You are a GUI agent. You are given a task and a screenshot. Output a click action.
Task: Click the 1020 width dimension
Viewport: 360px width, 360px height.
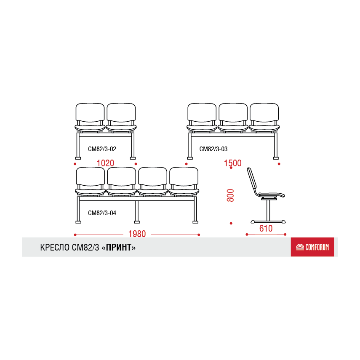pyautogui.click(x=105, y=163)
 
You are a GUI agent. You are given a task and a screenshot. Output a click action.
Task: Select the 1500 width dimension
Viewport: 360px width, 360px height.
pyautogui.click(x=232, y=163)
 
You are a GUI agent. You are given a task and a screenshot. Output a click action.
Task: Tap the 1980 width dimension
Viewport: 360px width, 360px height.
pyautogui.click(x=137, y=234)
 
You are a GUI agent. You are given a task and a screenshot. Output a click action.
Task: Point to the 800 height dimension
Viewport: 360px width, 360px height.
pyautogui.click(x=230, y=195)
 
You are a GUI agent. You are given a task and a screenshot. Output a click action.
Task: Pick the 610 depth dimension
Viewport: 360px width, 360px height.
pyautogui.click(x=266, y=229)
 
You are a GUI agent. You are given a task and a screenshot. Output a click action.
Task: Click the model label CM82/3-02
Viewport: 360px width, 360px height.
pyautogui.click(x=102, y=149)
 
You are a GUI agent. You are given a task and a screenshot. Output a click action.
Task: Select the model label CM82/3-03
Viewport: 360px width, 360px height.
pyautogui.click(x=213, y=149)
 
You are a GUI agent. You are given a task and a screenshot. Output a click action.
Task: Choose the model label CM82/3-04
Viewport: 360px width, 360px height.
pyautogui.click(x=102, y=213)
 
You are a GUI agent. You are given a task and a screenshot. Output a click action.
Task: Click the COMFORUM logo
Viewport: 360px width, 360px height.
pyautogui.click(x=312, y=247)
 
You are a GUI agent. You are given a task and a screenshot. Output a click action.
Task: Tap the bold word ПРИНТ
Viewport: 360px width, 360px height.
pyautogui.click(x=119, y=248)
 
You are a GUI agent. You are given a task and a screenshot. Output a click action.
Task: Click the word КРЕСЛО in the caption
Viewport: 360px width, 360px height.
pyautogui.click(x=55, y=248)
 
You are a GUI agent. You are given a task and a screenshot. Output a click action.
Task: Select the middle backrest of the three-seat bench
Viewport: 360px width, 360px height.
pyautogui.click(x=233, y=112)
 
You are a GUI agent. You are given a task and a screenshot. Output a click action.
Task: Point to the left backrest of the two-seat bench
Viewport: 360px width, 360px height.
pyautogui.click(x=90, y=112)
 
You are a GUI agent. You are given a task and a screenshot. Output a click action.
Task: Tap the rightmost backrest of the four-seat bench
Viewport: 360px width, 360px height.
pyautogui.click(x=184, y=176)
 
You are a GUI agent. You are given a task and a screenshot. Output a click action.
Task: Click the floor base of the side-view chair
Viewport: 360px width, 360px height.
pyautogui.click(x=268, y=222)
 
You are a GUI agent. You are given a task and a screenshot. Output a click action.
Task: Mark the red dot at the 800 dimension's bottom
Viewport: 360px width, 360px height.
pyautogui.click(x=231, y=224)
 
